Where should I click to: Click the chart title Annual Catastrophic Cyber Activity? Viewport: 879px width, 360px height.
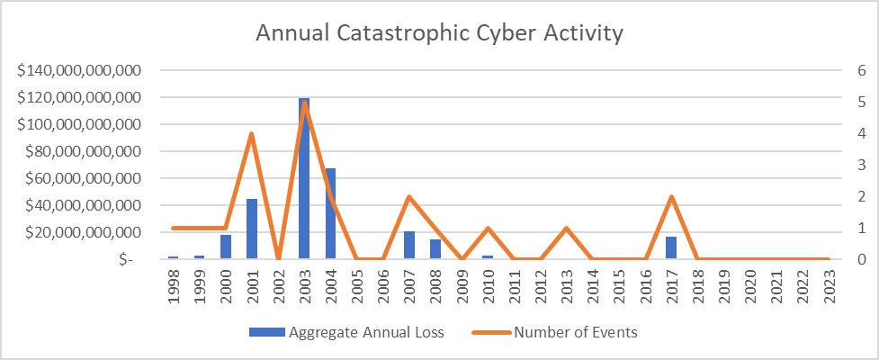coord(439,34)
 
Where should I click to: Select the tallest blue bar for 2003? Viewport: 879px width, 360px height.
coord(304,180)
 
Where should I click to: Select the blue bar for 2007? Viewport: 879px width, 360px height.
coord(409,246)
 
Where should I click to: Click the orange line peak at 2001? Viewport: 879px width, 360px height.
coord(252,134)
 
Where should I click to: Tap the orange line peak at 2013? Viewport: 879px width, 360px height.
coord(566,228)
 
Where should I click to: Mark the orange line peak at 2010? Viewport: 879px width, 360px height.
coord(488,228)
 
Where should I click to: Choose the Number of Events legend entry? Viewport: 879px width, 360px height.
coord(575,333)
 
